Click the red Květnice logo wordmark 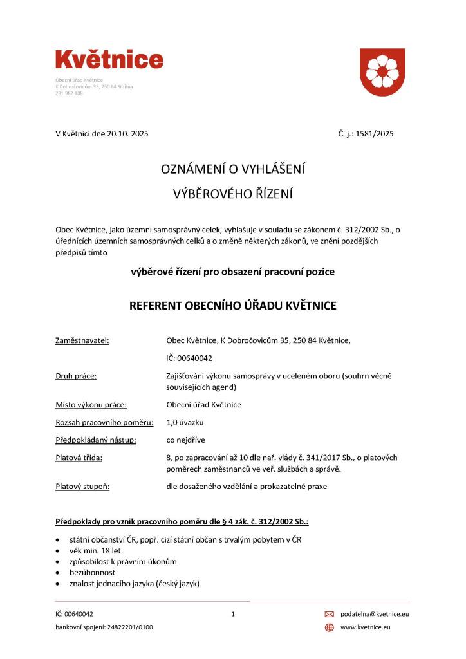pyautogui.click(x=109, y=60)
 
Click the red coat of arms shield pyautogui.click(x=382, y=72)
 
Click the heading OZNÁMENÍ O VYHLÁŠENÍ pyautogui.click(x=232, y=169)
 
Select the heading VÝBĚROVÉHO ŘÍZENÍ pyautogui.click(x=232, y=192)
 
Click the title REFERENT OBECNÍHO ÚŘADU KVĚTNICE pyautogui.click(x=232, y=306)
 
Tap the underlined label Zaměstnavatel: pyautogui.click(x=82, y=340)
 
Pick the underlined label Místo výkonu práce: pyautogui.click(x=91, y=405)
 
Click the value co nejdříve pyautogui.click(x=186, y=440)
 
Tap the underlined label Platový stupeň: pyautogui.click(x=82, y=487)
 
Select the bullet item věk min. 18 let pyautogui.click(x=95, y=551)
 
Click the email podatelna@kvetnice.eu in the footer pyautogui.click(x=375, y=614)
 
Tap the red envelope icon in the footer pyautogui.click(x=329, y=614)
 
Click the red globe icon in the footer pyautogui.click(x=329, y=627)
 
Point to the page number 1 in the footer pyautogui.click(x=233, y=614)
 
